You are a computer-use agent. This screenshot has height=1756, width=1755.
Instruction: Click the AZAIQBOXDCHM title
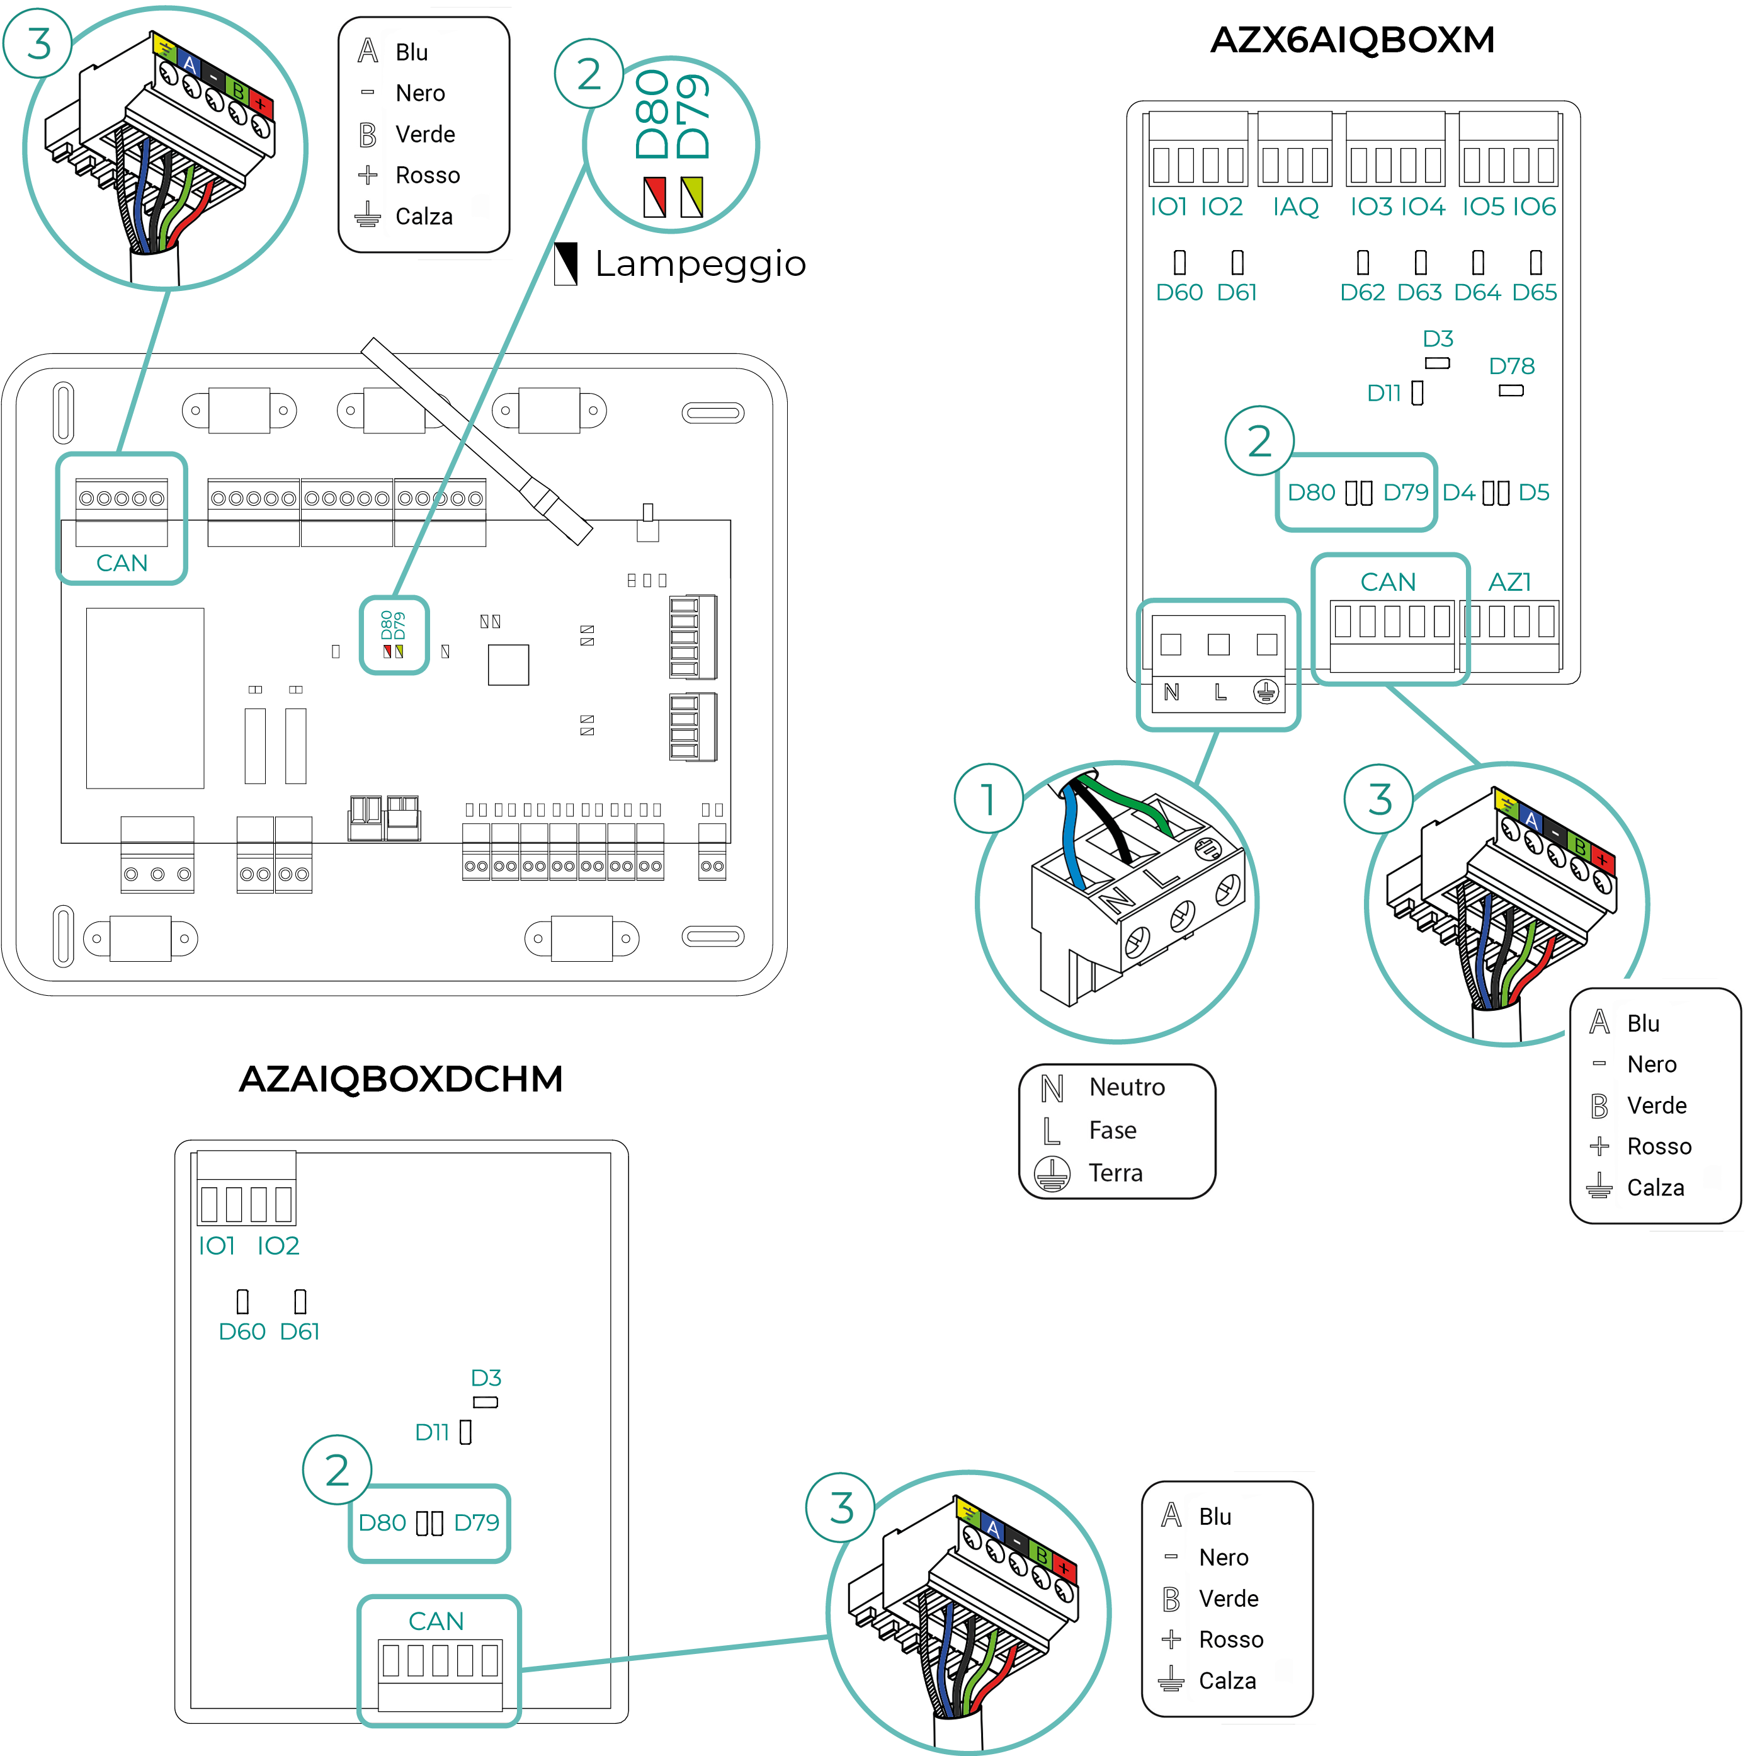[400, 1079]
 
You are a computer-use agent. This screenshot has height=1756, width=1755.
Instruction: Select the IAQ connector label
[1295, 207]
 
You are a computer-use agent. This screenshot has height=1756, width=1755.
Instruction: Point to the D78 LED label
[1511, 367]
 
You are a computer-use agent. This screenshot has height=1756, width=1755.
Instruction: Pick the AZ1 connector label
[1509, 582]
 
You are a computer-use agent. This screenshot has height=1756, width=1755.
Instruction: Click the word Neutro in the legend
[1127, 1087]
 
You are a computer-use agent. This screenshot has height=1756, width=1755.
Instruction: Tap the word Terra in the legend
[1115, 1173]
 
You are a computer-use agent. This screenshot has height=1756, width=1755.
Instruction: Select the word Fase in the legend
[1113, 1130]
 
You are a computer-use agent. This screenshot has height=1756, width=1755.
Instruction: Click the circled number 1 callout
[989, 799]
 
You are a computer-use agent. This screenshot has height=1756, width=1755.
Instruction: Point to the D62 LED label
[1362, 293]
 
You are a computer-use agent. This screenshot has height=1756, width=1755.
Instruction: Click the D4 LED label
[1458, 493]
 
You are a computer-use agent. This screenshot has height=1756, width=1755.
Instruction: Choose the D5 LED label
[1534, 493]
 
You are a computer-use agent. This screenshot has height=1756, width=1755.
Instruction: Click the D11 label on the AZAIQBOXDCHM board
[433, 1432]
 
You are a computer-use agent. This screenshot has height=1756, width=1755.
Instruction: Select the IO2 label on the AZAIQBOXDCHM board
[278, 1245]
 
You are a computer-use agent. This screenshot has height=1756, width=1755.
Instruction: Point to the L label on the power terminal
[1220, 693]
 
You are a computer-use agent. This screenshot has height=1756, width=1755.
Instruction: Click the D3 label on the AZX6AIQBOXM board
[1438, 339]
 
